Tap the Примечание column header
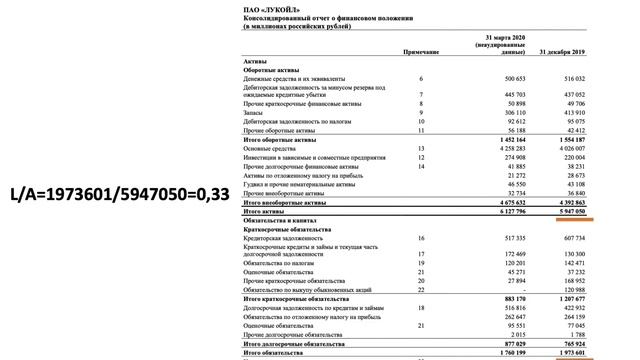(x=421, y=50)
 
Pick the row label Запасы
(x=256, y=112)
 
